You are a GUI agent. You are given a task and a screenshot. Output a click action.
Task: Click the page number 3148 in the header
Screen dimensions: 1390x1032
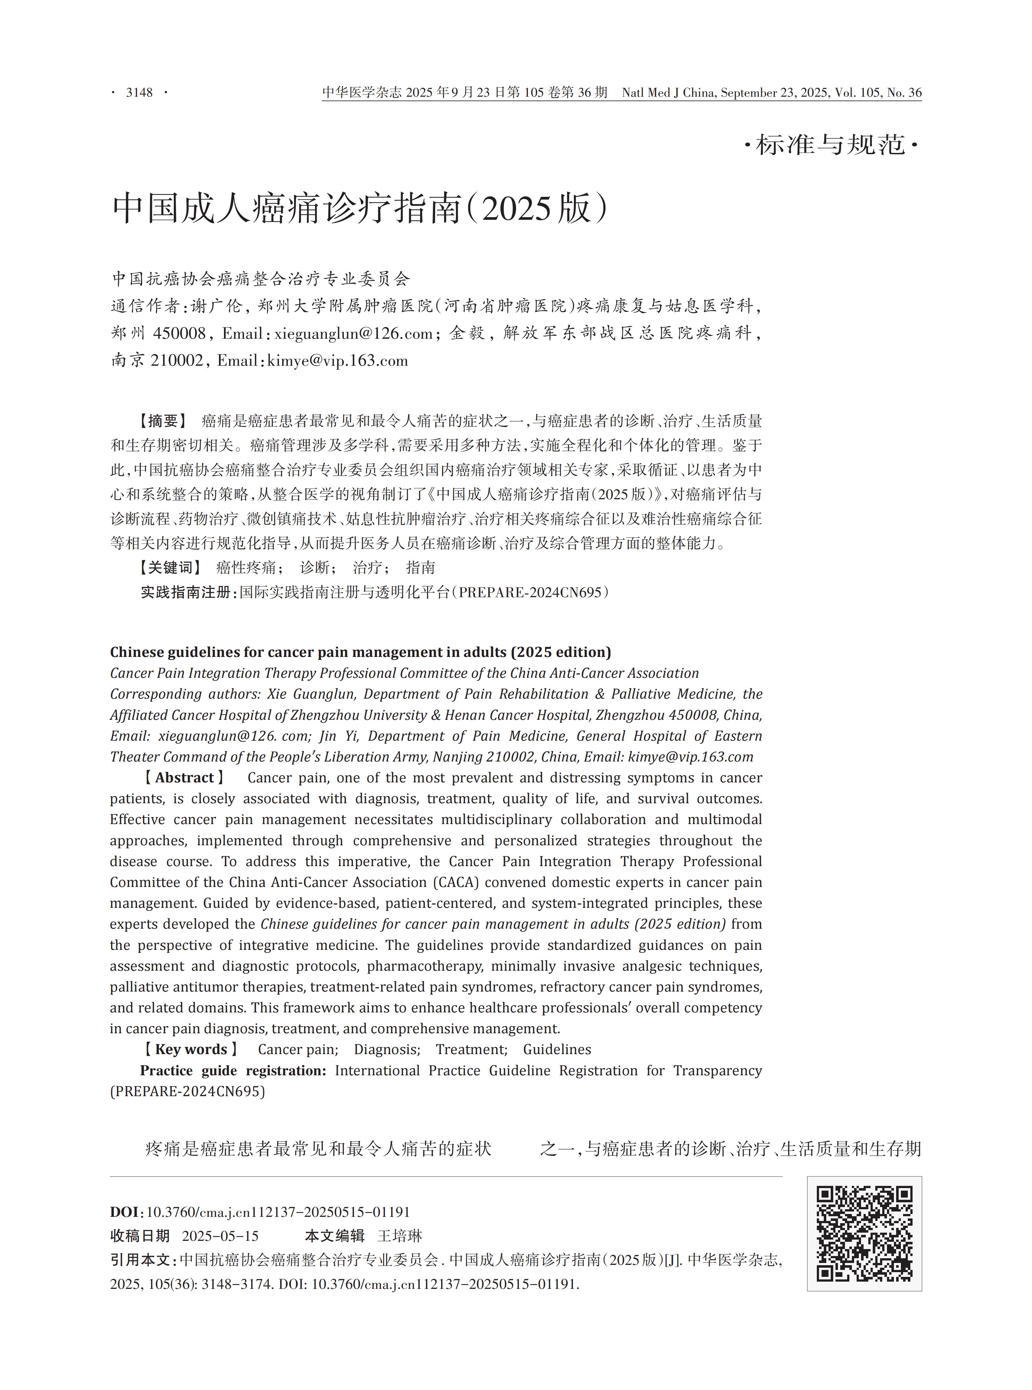[x=139, y=93]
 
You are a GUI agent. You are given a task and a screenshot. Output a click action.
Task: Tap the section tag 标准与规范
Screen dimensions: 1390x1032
[x=831, y=145]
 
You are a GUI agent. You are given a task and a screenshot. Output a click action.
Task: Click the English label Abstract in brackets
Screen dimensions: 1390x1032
[x=184, y=778]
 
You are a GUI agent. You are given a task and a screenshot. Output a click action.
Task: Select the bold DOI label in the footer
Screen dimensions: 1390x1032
[x=124, y=1212]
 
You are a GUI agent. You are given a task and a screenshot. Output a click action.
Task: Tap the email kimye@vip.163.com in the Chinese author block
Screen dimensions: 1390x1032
[x=337, y=361]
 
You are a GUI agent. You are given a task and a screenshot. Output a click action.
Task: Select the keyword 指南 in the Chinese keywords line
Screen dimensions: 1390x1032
[x=421, y=567]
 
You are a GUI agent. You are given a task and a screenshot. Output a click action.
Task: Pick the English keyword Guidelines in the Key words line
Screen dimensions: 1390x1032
[x=557, y=1049]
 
